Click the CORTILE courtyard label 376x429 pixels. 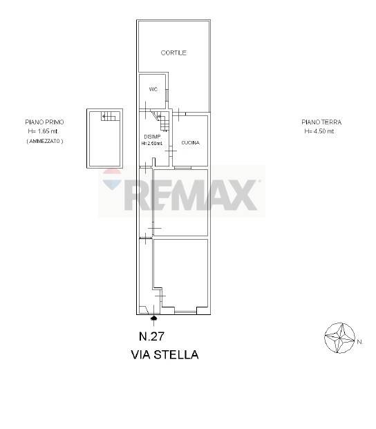173,53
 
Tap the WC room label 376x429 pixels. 153,89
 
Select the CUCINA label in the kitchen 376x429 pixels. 191,142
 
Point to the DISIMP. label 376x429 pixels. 153,137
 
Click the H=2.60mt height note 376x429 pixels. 151,143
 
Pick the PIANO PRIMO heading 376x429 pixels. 44,122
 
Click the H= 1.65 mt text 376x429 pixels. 43,131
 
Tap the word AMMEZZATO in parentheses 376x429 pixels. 45,141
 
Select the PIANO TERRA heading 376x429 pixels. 321,122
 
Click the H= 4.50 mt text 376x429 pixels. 319,131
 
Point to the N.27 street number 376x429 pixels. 151,336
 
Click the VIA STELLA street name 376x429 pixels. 164,354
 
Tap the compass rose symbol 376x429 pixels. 339,338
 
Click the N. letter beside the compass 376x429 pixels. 359,342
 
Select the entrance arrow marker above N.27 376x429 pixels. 154,318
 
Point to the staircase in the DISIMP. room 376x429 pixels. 162,120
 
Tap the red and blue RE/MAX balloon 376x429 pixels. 112,179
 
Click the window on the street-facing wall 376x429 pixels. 185,312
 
